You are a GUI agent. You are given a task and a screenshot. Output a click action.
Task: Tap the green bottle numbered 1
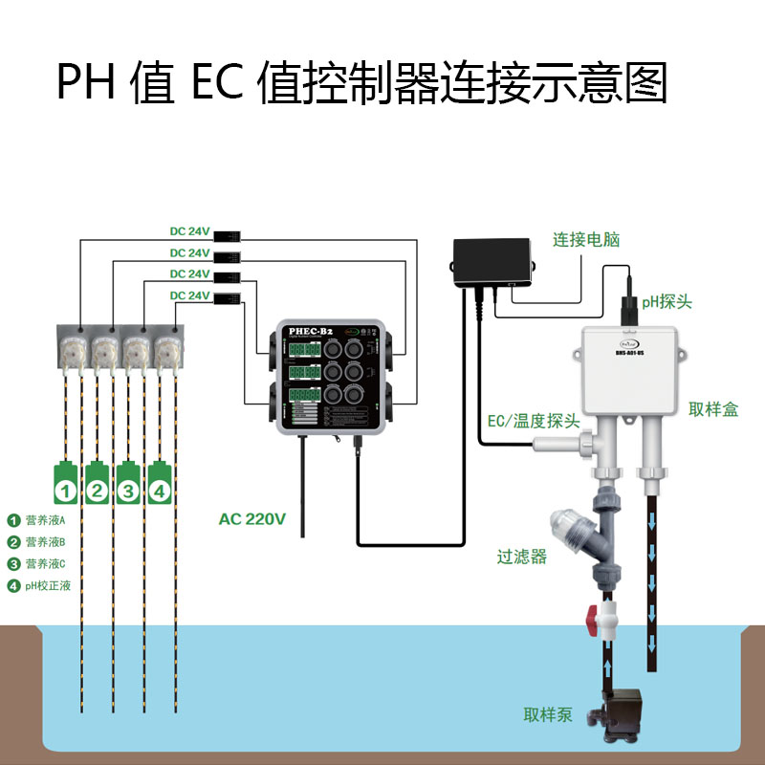coord(65,484)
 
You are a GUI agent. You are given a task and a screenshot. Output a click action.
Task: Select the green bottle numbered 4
coord(162,484)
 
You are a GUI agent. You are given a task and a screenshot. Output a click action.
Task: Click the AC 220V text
coord(252,519)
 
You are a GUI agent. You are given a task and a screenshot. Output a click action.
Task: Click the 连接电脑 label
coord(585,240)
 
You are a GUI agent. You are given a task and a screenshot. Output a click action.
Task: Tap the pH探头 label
coord(667,302)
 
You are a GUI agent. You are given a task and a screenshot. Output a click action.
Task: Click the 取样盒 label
coord(712,409)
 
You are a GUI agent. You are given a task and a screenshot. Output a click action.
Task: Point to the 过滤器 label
coord(522,557)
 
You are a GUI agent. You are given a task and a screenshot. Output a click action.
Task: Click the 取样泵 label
coord(548,714)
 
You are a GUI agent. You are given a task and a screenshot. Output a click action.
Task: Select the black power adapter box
coord(492,260)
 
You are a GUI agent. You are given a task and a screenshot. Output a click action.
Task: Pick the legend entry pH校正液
coord(47,586)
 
